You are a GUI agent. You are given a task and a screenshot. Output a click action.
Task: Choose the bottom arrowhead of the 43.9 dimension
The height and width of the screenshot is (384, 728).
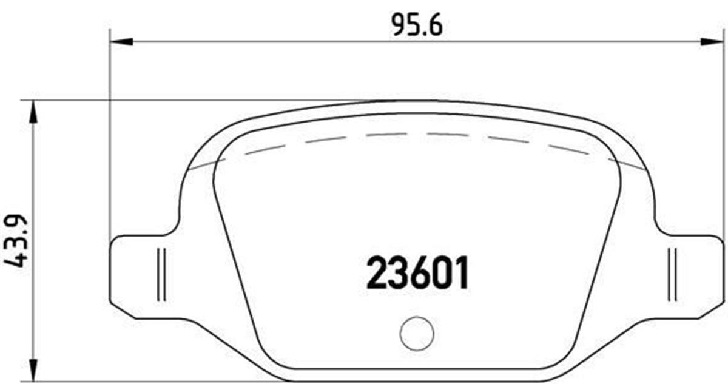(x=34, y=371)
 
